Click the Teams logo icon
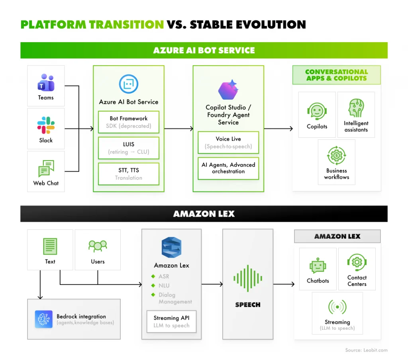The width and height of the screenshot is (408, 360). coord(46,82)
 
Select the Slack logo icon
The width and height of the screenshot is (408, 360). coord(46,125)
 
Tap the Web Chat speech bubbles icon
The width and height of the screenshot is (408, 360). coord(46,168)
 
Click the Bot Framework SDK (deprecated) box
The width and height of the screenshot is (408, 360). coord(128,122)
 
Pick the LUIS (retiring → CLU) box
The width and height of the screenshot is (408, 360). coord(128,148)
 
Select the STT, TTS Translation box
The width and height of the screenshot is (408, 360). coord(128,174)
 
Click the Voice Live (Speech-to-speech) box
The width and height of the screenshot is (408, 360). coord(228,143)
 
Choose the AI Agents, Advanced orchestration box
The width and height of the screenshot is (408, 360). coord(228,168)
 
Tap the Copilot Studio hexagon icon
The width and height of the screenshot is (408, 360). coord(228,90)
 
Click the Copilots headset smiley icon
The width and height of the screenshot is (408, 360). coord(317,112)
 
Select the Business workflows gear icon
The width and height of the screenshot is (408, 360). coord(336,155)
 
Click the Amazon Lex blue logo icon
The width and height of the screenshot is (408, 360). coord(171,247)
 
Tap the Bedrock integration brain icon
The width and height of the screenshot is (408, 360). coord(43,319)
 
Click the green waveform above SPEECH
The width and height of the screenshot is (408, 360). coord(247,279)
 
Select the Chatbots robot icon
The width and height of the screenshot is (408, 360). coord(318,266)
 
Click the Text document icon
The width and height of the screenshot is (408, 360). coord(50,247)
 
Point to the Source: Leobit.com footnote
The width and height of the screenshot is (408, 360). coord(366,350)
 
